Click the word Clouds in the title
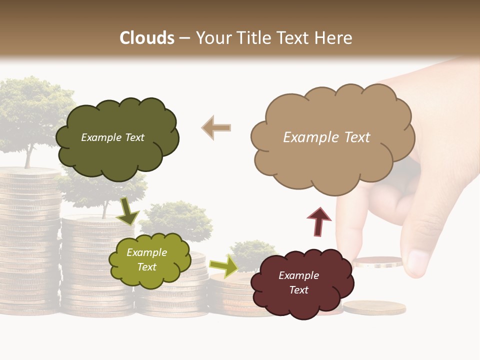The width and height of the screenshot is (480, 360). point(147,38)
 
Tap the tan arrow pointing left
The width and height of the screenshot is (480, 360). point(216,127)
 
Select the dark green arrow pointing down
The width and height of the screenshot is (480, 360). point(127,211)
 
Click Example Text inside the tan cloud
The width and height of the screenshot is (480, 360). point(326,137)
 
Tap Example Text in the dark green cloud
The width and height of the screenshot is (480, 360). point(112,137)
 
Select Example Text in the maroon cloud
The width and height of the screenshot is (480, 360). point(298,282)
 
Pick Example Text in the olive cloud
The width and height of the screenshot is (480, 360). point(146,259)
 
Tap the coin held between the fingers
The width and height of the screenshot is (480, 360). point(377,261)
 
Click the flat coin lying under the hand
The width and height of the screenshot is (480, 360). point(374,307)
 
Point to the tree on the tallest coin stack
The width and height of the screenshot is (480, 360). point(30,115)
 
